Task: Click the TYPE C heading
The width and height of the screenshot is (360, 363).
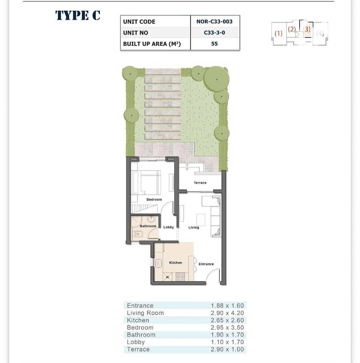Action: click(x=78, y=15)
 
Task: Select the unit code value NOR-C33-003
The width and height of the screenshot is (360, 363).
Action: click(x=215, y=22)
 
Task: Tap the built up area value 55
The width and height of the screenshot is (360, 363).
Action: click(x=215, y=44)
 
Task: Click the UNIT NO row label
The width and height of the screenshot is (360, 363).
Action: click(x=135, y=32)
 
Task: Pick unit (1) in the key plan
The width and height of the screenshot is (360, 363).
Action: click(x=279, y=33)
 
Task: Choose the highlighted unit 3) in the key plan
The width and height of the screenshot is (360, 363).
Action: click(x=307, y=29)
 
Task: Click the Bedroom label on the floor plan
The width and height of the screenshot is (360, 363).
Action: click(x=154, y=200)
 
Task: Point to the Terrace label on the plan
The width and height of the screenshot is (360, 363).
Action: click(x=200, y=183)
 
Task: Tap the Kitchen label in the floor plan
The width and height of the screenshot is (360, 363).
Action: click(x=175, y=263)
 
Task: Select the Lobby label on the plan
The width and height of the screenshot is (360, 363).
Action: click(x=168, y=227)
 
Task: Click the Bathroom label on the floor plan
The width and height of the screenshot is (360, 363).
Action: click(x=148, y=226)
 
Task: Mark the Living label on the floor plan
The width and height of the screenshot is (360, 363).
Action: click(x=193, y=227)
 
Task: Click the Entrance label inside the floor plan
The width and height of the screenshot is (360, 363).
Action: click(x=206, y=264)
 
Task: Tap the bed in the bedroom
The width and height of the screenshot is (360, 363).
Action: click(x=146, y=182)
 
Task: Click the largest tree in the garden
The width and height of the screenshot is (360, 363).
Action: click(x=216, y=79)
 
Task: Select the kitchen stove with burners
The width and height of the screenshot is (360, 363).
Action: click(x=180, y=277)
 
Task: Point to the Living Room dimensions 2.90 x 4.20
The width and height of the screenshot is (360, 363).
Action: click(x=227, y=313)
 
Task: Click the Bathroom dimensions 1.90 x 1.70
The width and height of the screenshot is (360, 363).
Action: click(x=227, y=335)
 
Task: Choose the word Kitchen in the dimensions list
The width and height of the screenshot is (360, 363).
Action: click(x=138, y=320)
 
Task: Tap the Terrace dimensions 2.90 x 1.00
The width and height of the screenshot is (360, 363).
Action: click(x=227, y=349)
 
